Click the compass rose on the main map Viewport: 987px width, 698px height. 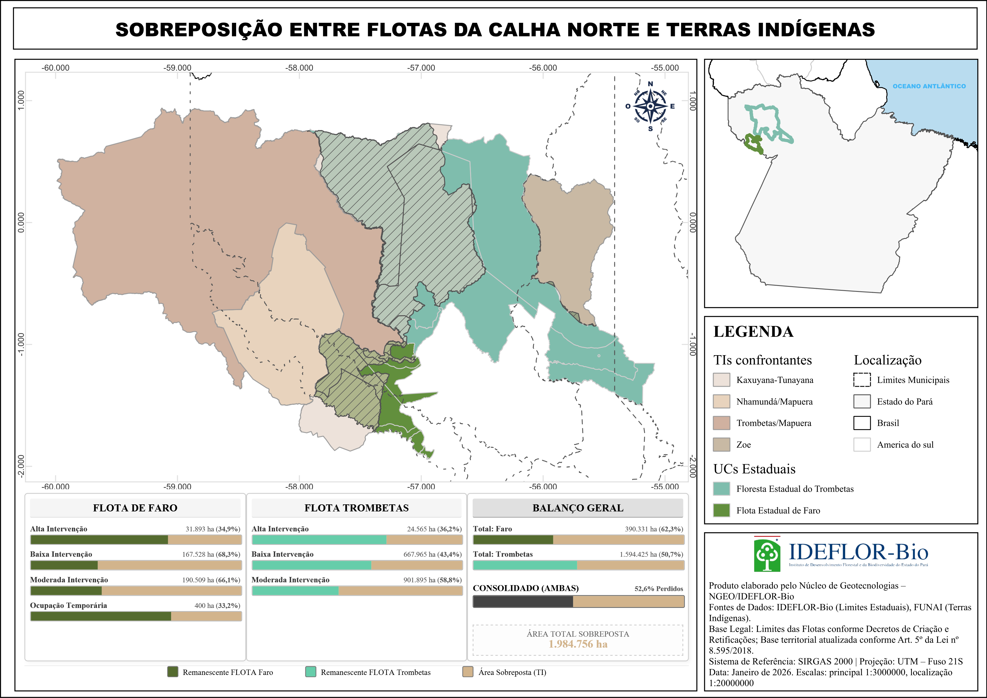[x=650, y=106]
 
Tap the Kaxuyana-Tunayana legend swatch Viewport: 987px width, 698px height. [x=721, y=380]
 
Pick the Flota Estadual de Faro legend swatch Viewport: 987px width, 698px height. [x=721, y=510]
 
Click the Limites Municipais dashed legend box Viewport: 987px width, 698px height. [x=862, y=380]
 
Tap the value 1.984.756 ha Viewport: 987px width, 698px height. [x=578, y=644]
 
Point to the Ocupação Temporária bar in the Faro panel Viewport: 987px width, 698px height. [x=136, y=616]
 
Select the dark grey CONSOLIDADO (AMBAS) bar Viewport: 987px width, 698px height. [x=578, y=601]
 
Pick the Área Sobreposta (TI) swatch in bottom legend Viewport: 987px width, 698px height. [x=468, y=672]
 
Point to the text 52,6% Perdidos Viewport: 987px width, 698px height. [x=659, y=589]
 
